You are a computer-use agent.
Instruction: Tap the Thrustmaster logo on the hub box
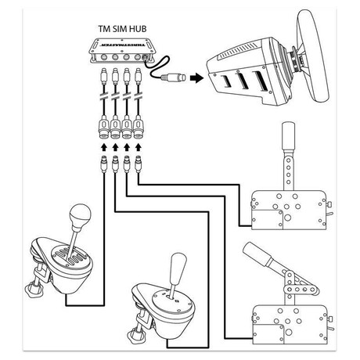point(123,45)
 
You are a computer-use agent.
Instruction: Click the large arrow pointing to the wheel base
point(196,77)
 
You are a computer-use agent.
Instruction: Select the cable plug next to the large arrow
point(173,77)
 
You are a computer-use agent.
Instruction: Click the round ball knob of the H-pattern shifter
point(80,215)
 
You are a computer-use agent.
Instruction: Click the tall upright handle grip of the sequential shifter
point(288,135)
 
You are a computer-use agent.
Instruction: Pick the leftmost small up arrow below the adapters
point(104,147)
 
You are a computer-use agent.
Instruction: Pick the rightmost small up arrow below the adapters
point(139,147)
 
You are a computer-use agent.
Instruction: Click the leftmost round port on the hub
point(103,57)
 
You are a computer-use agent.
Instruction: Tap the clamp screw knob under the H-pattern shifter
point(33,289)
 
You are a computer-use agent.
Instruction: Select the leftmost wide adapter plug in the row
point(104,127)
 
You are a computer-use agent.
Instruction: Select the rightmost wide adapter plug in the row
point(139,127)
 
